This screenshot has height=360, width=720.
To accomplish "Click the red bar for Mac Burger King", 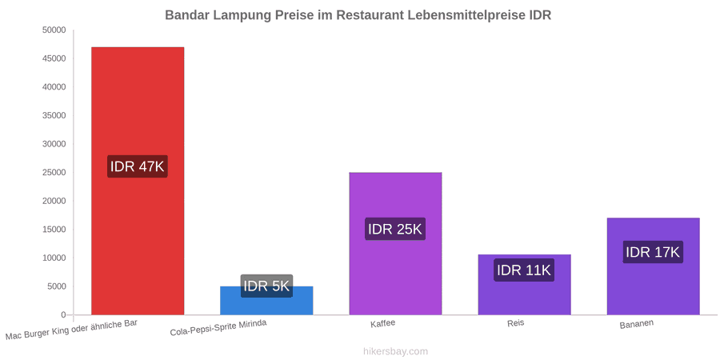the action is (x=138, y=181).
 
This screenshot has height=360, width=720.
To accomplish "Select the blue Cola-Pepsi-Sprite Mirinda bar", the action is (x=266, y=301).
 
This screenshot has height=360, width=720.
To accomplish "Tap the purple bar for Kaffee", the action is (x=395, y=244).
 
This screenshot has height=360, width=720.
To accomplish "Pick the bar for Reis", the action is (x=524, y=285).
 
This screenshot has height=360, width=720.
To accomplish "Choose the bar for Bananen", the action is (x=654, y=266).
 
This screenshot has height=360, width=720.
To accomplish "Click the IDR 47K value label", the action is (x=138, y=166).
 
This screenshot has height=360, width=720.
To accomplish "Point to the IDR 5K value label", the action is (x=266, y=286).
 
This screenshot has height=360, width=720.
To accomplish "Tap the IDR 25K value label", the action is (x=395, y=229).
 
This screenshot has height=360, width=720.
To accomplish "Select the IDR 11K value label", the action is (x=524, y=270).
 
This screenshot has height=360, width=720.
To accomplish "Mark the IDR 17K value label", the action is (x=653, y=252).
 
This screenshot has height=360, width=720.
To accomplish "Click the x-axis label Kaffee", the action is (x=383, y=323).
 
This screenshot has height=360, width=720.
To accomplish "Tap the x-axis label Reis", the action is (x=516, y=323).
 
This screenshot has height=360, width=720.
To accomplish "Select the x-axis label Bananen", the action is (x=637, y=324).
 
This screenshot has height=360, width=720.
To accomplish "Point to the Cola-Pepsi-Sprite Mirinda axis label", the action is (x=218, y=329).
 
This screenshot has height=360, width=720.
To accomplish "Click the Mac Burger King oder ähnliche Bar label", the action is (x=72, y=330).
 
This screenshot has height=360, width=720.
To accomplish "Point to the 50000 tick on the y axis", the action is (x=54, y=30).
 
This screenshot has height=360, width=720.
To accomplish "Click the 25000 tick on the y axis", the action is (x=54, y=173).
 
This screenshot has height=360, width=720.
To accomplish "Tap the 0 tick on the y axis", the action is (x=64, y=315).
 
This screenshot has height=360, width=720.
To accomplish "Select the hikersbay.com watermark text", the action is (x=395, y=351).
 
